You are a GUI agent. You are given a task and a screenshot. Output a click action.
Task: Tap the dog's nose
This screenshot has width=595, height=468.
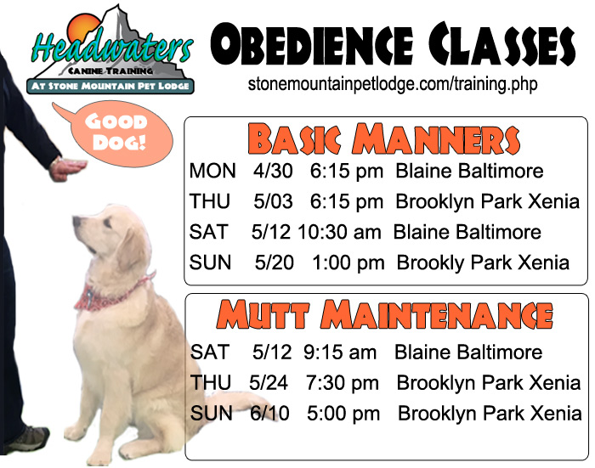coord(76,220)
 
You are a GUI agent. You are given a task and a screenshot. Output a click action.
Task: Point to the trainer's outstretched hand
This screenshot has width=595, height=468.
coord(67,170)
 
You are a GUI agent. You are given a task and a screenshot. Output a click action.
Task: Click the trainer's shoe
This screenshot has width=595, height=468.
coord(26,439)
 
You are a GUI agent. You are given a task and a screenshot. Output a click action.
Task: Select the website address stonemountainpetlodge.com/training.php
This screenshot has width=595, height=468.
coord(393,84)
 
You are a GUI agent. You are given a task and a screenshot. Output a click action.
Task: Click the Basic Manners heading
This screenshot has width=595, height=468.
coord(384,138)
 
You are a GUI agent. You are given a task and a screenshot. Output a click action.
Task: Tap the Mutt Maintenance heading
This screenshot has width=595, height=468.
coord(385,315)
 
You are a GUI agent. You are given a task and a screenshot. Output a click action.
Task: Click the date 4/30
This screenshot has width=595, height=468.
coord(273,171)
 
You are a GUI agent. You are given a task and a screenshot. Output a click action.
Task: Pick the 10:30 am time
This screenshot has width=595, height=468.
coord(339,232)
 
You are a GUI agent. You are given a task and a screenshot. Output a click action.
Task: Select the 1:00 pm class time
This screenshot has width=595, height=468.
coord(348,262)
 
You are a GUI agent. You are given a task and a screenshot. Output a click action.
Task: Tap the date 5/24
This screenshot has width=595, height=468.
coord(269,383)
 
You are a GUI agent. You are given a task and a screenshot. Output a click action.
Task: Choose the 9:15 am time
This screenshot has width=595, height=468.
coord(340,352)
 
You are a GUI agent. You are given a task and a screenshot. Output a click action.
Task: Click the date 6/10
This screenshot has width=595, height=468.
coord(269,413)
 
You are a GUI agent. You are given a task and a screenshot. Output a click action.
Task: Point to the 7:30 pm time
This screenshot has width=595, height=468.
coord(343,383)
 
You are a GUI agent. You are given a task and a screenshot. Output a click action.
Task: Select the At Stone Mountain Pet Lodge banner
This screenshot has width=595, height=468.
coord(110,86)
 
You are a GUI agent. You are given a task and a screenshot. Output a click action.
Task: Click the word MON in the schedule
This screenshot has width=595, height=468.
coord(212,171)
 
